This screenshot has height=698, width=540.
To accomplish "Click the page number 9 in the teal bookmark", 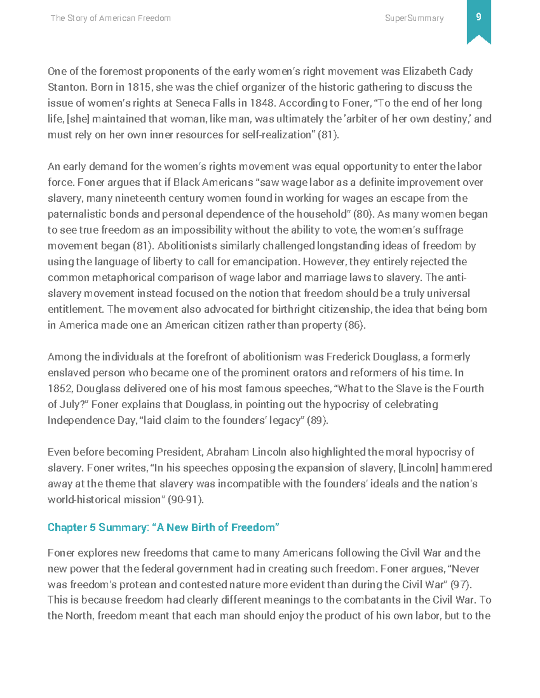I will pos(478,17).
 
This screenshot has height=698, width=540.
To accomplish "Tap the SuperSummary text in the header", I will pos(414,18).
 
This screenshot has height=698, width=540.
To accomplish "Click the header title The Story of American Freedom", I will pos(110,18).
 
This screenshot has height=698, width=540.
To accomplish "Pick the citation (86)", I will pos(355,325).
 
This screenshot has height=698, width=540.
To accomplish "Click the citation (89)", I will pos(317,421).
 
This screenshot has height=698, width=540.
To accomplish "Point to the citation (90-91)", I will pos(185,500).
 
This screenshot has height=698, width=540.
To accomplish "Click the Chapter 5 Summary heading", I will pos(163,527).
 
